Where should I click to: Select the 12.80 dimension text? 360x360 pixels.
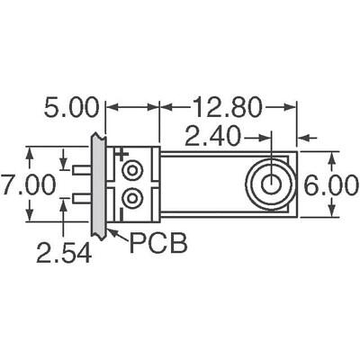225,107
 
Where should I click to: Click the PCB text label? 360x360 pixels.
158,242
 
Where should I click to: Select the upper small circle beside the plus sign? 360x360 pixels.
133,170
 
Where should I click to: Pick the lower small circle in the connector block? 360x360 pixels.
133,197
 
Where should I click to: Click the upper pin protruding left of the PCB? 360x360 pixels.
82,170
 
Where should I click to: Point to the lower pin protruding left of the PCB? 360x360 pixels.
82,197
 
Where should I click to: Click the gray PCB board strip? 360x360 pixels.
97,184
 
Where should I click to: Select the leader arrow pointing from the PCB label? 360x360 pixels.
115,237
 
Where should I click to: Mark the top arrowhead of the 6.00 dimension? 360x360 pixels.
331,157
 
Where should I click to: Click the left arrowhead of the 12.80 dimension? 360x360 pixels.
165,108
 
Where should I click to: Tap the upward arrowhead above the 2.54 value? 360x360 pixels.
64,204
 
